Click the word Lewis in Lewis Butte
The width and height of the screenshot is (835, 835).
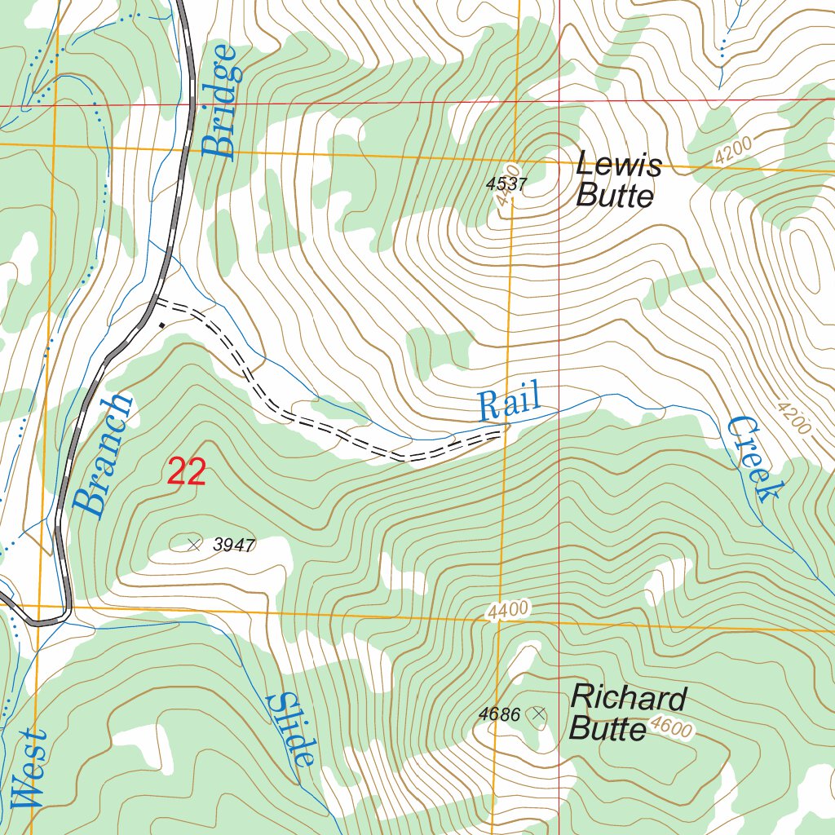pos(618,166)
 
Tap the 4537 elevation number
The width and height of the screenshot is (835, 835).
pos(506,184)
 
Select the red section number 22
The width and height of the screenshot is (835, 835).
pos(187,473)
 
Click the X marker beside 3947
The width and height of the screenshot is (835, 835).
pos(194,545)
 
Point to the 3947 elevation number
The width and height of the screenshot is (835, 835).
pos(234,546)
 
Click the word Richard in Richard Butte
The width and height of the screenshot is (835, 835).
pos(628,699)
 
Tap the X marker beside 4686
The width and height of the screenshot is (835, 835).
pos(537,715)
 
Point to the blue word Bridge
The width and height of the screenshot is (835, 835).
pos(219,101)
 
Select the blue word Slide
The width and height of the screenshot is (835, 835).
pos(292,729)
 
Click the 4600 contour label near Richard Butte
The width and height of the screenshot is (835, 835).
pos(671,727)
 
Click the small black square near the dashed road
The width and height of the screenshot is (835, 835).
pos(161,325)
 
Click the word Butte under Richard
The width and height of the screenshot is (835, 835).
pos(607,727)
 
